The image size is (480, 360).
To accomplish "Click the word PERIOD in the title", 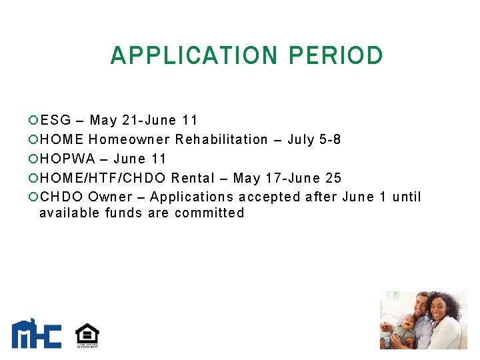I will [x=336, y=55].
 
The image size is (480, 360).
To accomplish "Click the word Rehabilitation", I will [x=221, y=140].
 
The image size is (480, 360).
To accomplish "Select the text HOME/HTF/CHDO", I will [x=103, y=179].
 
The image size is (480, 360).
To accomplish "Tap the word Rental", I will [x=193, y=179].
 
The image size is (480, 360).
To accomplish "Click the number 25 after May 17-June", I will [x=333, y=179].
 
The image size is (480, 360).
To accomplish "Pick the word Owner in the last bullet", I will [x=111, y=197].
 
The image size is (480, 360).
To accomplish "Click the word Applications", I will [x=191, y=197].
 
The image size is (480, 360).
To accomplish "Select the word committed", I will [x=209, y=213].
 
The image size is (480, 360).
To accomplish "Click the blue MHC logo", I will [x=36, y=334].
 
